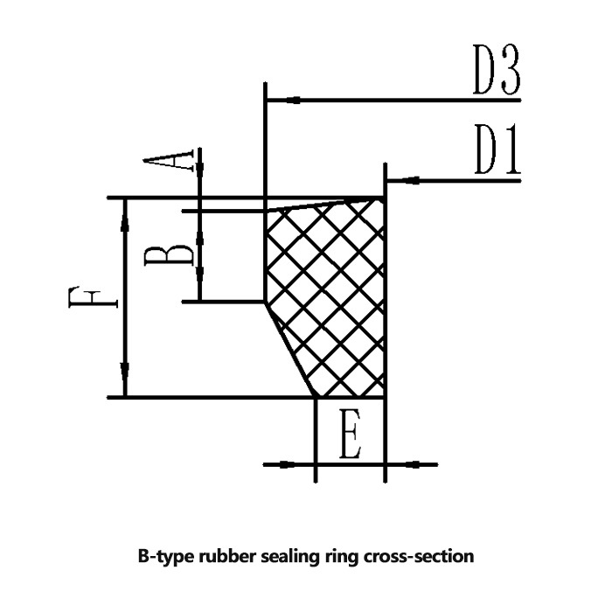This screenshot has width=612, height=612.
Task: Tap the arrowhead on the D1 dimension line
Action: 399,181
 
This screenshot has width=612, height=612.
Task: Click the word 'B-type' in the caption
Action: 163,555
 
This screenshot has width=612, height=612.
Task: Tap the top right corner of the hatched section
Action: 384,198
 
